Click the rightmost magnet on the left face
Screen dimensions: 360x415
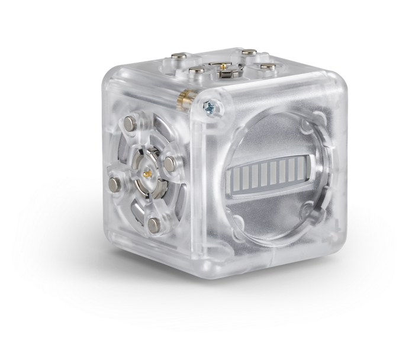click(170, 165)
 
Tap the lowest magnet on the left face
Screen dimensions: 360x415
click(155, 224)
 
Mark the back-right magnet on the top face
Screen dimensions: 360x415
click(249, 52)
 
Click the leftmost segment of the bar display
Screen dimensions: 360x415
click(233, 176)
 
